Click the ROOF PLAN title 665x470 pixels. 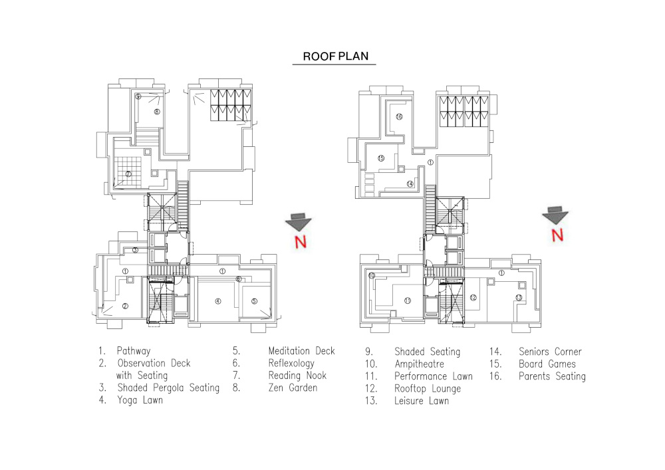point(334,57)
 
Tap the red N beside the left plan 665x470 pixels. point(301,241)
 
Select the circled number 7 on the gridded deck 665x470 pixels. point(128,174)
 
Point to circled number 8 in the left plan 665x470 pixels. point(156,112)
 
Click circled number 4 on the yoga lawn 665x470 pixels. point(217,301)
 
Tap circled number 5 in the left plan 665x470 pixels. point(254,301)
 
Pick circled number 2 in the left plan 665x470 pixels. point(124,306)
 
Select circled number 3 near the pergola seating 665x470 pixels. point(135,250)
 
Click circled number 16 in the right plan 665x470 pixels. point(399,117)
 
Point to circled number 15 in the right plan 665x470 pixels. point(381,158)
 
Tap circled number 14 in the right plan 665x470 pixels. point(410,184)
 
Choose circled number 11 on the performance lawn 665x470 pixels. point(408,300)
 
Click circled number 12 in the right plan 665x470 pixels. point(473,297)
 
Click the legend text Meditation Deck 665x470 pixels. point(301,351)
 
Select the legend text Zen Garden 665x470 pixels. point(293,388)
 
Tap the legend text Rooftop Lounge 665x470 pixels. point(427,388)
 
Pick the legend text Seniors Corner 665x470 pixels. point(550,352)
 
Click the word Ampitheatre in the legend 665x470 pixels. point(419,364)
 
